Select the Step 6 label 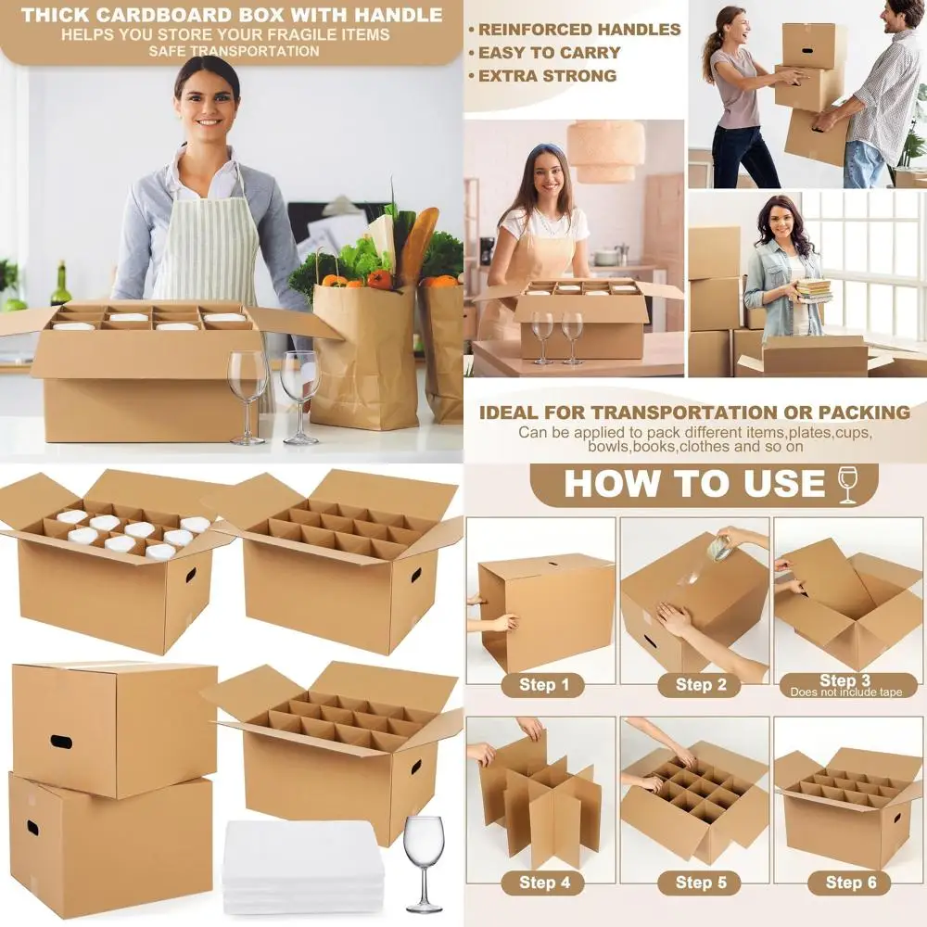[x=851, y=883]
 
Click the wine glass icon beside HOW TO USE [x=847, y=485]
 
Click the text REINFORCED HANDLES [x=579, y=30]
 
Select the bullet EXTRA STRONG [x=547, y=76]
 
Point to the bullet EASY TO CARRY [x=549, y=53]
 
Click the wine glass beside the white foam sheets [x=425, y=861]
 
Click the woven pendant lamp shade [x=606, y=150]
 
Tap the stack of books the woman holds [x=814, y=290]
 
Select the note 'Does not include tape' [x=844, y=692]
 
